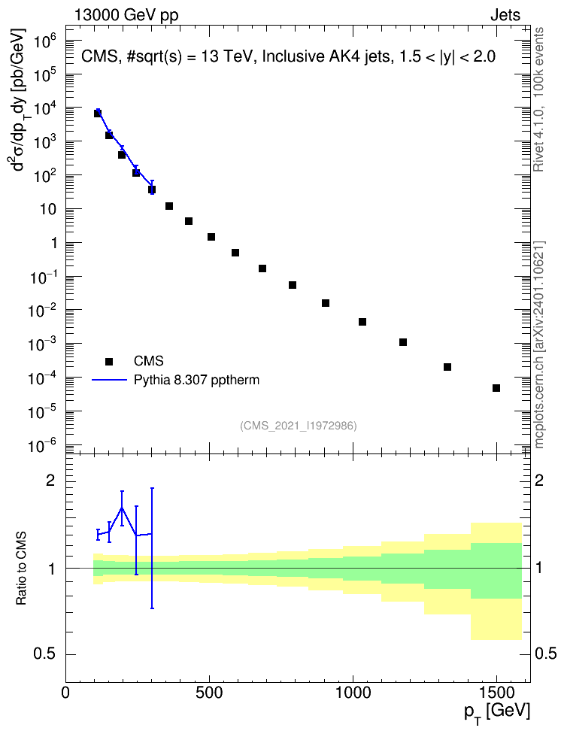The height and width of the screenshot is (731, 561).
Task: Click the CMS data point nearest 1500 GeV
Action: [x=496, y=388]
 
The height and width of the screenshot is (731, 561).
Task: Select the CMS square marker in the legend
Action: [x=109, y=361]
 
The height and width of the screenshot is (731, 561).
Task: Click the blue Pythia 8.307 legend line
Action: [x=109, y=380]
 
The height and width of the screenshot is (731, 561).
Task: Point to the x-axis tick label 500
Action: [x=209, y=693]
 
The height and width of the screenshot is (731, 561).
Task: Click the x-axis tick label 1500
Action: [x=496, y=693]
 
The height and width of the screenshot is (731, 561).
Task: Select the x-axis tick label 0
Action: [x=65, y=693]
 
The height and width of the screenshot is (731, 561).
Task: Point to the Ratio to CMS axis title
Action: [x=21, y=568]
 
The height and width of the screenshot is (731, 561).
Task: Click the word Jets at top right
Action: [x=505, y=15]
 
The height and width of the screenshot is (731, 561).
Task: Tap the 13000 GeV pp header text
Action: [x=126, y=16]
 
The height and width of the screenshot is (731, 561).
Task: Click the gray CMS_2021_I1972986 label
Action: [x=299, y=426]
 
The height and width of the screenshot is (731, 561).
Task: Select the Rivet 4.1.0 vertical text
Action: [x=538, y=99]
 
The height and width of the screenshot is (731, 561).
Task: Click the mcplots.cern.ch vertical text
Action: [x=538, y=345]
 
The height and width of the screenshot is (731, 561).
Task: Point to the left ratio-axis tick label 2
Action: [x=50, y=481]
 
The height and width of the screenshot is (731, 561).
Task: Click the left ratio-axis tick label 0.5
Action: [x=45, y=654]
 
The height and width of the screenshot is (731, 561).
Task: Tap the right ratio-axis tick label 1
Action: [x=539, y=568]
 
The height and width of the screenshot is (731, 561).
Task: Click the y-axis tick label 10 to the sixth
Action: [x=46, y=43]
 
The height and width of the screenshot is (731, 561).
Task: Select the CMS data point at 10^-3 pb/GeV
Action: [x=403, y=342]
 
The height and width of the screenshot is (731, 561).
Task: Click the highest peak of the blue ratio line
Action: [x=122, y=508]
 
